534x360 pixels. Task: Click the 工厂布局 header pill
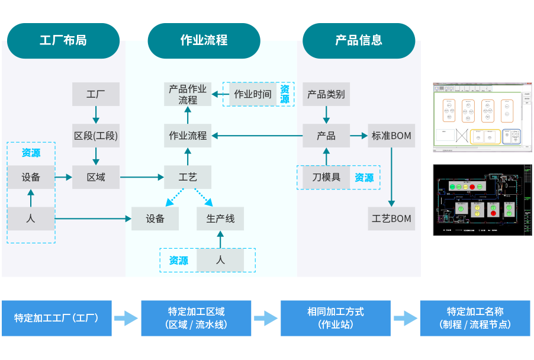tap(63, 40)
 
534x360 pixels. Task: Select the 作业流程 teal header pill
tap(204, 40)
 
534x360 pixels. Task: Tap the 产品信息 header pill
tap(359, 40)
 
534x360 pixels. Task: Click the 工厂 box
tap(96, 94)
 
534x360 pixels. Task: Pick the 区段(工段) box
tap(96, 136)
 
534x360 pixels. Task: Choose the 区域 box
tap(96, 177)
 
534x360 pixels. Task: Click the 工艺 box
tap(188, 177)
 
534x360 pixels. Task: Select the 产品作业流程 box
tap(188, 94)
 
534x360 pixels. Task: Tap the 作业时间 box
tap(253, 94)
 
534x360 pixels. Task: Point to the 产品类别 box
tap(326, 94)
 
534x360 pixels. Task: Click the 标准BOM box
tap(391, 136)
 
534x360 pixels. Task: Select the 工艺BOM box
tap(391, 218)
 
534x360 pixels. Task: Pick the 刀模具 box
tap(326, 177)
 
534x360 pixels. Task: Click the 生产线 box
tap(220, 218)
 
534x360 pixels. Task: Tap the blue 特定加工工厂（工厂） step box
tap(56, 318)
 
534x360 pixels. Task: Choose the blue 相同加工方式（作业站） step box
tap(335, 318)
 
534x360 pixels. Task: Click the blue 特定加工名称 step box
tap(475, 318)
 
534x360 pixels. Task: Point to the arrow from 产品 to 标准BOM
tap(359, 136)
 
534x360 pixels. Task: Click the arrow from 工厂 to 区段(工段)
tap(96, 115)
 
